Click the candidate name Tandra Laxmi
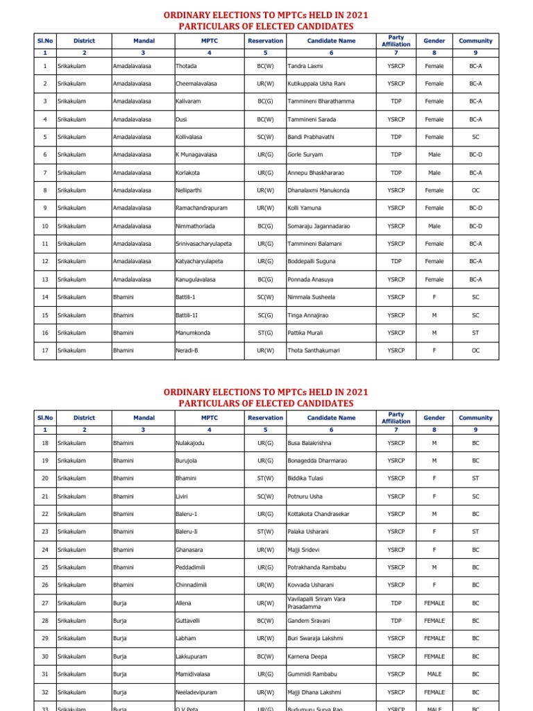point(305,66)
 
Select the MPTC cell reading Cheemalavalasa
point(196,84)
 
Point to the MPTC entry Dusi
point(182,119)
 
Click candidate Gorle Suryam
point(305,155)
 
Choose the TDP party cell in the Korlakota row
point(396,172)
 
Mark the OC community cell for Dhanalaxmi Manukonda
point(475,190)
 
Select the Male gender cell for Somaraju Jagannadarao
point(434,226)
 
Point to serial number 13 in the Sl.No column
point(45,279)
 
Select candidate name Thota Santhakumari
point(314,351)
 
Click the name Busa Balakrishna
point(310,443)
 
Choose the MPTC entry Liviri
point(183,496)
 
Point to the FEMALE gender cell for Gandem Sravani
point(434,621)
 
